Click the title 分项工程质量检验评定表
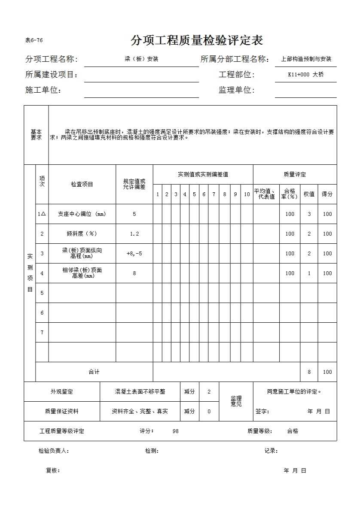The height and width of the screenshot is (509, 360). (x=196, y=41)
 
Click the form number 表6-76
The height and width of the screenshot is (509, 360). (x=34, y=40)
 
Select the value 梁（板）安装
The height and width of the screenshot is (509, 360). (x=141, y=59)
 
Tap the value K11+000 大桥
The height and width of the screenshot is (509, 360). (x=305, y=75)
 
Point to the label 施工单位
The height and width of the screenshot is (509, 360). (x=43, y=90)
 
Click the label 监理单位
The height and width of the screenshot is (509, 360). (x=236, y=90)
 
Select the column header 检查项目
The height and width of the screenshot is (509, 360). (x=82, y=184)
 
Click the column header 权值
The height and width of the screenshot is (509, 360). (x=309, y=194)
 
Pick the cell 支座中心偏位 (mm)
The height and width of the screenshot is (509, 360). (x=82, y=214)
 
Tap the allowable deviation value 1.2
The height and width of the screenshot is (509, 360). (x=134, y=234)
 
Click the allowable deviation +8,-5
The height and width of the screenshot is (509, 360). (x=134, y=254)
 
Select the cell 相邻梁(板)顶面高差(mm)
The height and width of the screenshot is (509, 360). (x=82, y=273)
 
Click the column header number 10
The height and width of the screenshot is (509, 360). (x=247, y=194)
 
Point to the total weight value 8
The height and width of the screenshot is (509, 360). (x=309, y=372)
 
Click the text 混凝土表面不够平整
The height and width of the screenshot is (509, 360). (x=140, y=392)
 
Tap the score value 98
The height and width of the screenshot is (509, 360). (x=175, y=431)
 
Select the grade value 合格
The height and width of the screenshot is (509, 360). (x=293, y=431)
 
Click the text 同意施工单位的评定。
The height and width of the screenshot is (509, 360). (x=294, y=391)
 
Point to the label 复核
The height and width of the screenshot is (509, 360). (x=53, y=470)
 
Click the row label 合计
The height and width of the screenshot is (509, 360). (x=94, y=372)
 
